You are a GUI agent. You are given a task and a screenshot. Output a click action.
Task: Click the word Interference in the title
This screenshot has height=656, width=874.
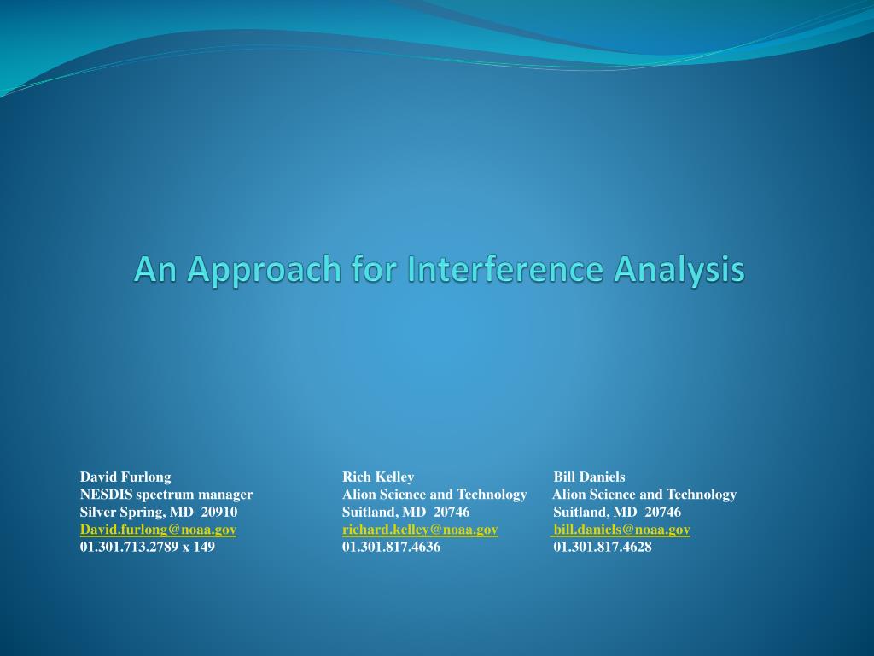505,269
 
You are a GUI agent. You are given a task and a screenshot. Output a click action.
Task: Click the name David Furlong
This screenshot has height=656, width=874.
125,477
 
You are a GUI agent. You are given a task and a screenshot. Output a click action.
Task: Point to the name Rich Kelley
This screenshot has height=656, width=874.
378,477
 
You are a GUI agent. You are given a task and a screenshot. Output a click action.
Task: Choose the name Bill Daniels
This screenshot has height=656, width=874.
589,477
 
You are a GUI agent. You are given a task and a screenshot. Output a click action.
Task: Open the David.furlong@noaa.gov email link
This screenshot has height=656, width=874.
158,530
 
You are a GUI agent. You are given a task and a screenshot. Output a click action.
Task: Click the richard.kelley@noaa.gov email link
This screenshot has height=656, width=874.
420,530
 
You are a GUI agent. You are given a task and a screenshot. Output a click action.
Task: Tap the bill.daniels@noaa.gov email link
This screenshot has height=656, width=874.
621,530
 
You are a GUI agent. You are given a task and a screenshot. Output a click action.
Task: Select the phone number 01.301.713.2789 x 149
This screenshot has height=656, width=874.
147,547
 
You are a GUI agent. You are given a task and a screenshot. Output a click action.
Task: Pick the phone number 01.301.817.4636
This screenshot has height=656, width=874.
391,547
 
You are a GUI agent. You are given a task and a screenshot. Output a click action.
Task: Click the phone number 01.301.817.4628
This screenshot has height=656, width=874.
603,547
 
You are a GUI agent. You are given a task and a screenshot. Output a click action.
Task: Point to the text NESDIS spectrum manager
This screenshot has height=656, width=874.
166,495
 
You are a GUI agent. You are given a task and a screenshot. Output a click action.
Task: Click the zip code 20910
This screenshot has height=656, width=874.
219,512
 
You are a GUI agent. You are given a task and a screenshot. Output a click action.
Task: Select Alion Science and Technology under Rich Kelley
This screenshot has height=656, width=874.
434,495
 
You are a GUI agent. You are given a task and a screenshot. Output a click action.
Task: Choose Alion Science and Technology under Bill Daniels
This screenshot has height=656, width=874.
644,495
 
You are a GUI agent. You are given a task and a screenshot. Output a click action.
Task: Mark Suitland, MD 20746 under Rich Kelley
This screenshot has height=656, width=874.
405,512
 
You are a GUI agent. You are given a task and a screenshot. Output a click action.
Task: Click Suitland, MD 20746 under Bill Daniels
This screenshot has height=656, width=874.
617,512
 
